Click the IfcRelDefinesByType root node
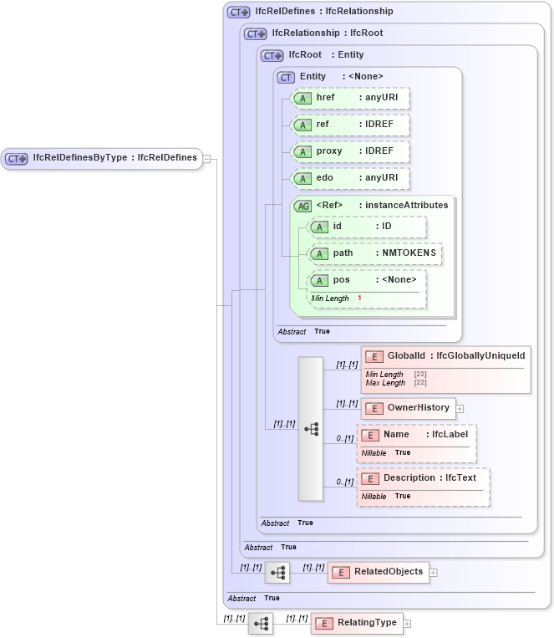coord(101,157)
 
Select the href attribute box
coord(349,98)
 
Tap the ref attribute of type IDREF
coord(349,125)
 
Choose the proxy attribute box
coord(349,151)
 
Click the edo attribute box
coord(349,178)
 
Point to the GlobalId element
coord(445,356)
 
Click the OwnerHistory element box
coord(409,408)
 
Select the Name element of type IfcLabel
coord(415,435)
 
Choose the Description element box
coord(423,478)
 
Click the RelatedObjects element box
coord(379,572)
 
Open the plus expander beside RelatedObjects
coord(434,573)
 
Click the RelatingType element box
coord(356,624)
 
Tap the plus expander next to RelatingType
coord(407,624)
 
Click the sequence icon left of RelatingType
coord(261,624)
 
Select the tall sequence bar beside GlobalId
coord(310,428)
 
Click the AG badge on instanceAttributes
coord(302,206)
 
